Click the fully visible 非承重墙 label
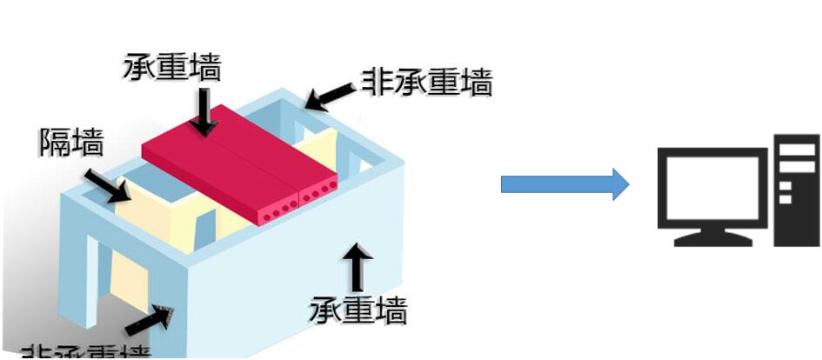pyautogui.click(x=427, y=83)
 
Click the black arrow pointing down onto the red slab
pyautogui.click(x=204, y=112)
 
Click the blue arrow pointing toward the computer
pyautogui.click(x=565, y=184)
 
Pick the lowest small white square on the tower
pyautogui.click(x=785, y=198)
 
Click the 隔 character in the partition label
pyautogui.click(x=55, y=142)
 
